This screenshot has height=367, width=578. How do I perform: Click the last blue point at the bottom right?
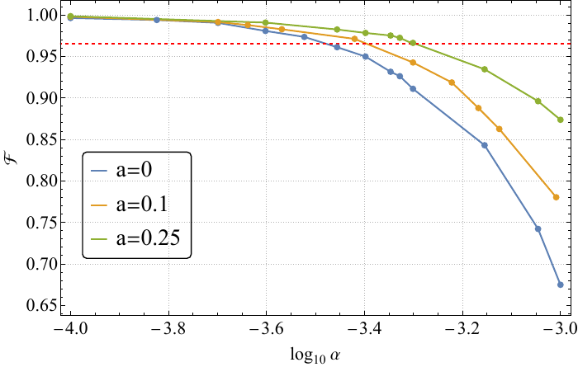point(561,285)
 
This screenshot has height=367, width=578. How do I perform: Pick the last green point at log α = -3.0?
point(561,120)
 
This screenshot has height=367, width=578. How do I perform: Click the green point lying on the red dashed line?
point(413,43)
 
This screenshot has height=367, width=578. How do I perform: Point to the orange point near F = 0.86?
point(500,129)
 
